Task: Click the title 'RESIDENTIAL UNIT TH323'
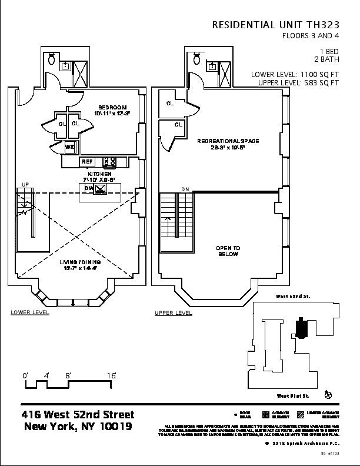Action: [275, 25]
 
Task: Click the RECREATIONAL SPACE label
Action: [228, 141]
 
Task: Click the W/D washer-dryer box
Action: [70, 147]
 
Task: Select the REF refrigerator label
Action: [87, 161]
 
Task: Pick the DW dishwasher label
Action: [89, 188]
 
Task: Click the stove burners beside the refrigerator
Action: [109, 161]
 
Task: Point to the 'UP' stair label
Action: [25, 185]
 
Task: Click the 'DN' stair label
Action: [185, 189]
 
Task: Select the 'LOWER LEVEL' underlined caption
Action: [30, 312]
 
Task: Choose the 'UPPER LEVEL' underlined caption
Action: [173, 312]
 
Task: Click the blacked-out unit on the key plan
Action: [301, 327]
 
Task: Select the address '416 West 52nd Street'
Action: [78, 415]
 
